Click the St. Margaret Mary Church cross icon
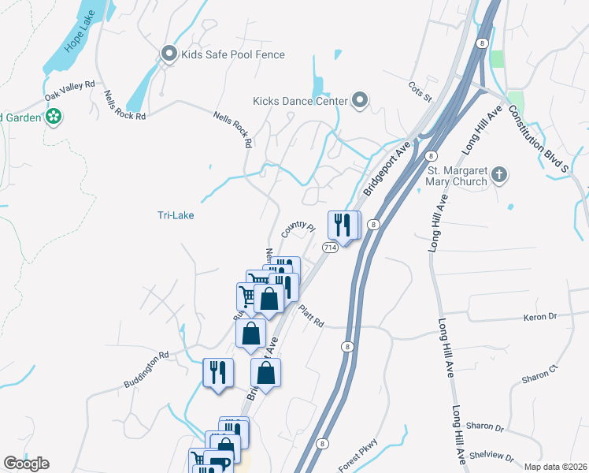(x=498, y=173)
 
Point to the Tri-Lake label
(x=175, y=215)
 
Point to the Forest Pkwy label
(x=358, y=455)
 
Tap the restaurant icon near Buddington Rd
(x=218, y=372)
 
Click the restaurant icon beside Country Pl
(x=342, y=224)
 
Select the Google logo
(x=26, y=464)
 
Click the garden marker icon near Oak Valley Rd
(x=54, y=118)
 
